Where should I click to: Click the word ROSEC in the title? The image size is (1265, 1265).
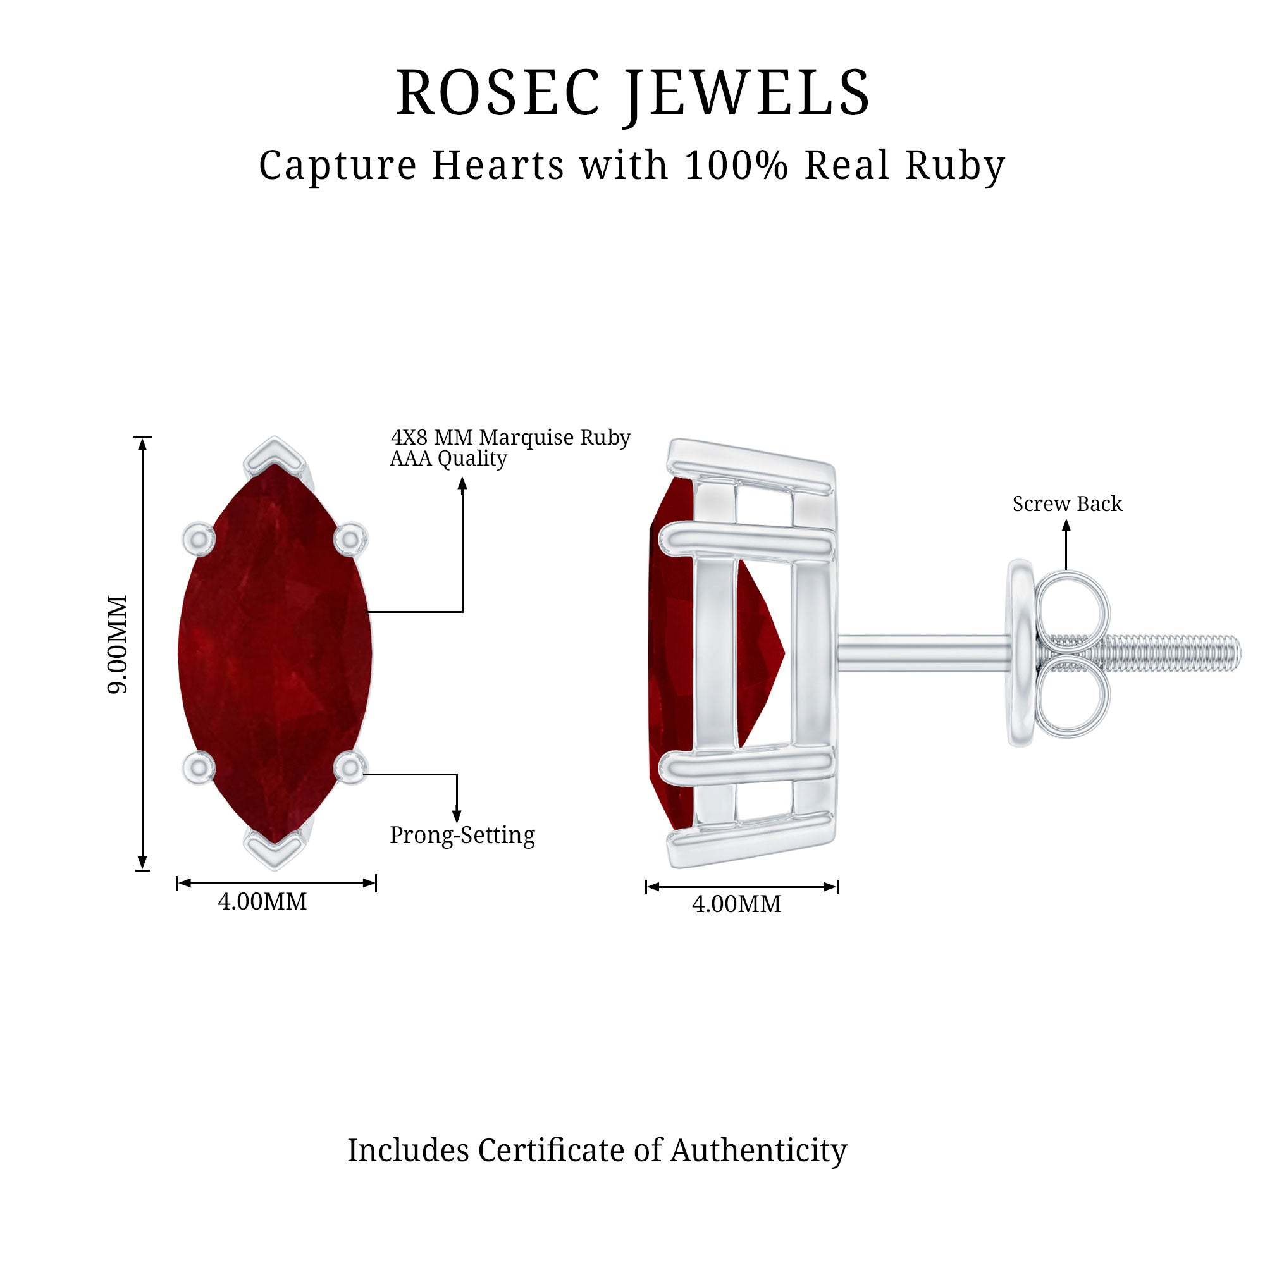(x=498, y=93)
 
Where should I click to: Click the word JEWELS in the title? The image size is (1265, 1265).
(x=748, y=96)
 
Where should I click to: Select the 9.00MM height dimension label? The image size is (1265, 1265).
(x=118, y=645)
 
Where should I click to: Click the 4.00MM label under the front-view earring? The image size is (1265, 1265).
(x=262, y=901)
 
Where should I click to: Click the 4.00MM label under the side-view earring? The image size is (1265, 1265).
(x=737, y=904)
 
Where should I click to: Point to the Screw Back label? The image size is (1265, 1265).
(x=1067, y=503)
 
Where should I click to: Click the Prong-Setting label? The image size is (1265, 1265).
(x=462, y=836)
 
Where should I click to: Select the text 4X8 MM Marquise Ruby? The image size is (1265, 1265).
(x=510, y=438)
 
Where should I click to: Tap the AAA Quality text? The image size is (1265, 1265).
(x=448, y=459)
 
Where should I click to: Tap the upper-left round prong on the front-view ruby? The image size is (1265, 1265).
(x=199, y=540)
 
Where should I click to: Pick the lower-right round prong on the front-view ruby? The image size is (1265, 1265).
(x=350, y=767)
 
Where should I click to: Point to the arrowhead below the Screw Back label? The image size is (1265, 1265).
(x=1066, y=525)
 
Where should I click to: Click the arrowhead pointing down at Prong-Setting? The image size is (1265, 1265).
(x=457, y=817)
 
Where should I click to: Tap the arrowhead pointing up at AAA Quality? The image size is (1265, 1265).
(x=462, y=483)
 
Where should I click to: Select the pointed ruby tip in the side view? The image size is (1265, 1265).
(x=783, y=653)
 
